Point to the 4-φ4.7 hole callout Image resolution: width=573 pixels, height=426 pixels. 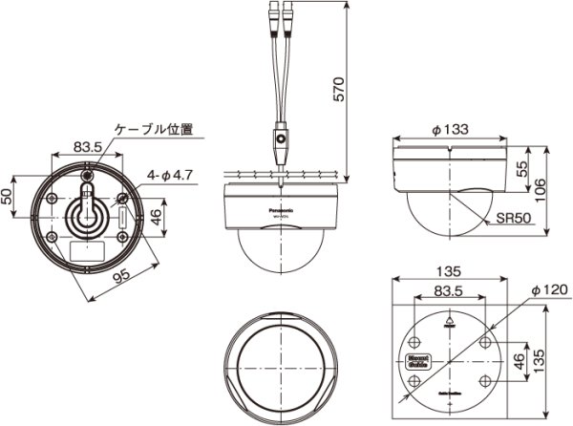(x=172, y=175)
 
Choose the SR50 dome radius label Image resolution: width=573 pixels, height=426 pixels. (x=512, y=219)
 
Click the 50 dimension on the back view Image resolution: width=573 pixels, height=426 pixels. (x=9, y=196)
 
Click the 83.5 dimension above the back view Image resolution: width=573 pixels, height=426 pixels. (x=88, y=148)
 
